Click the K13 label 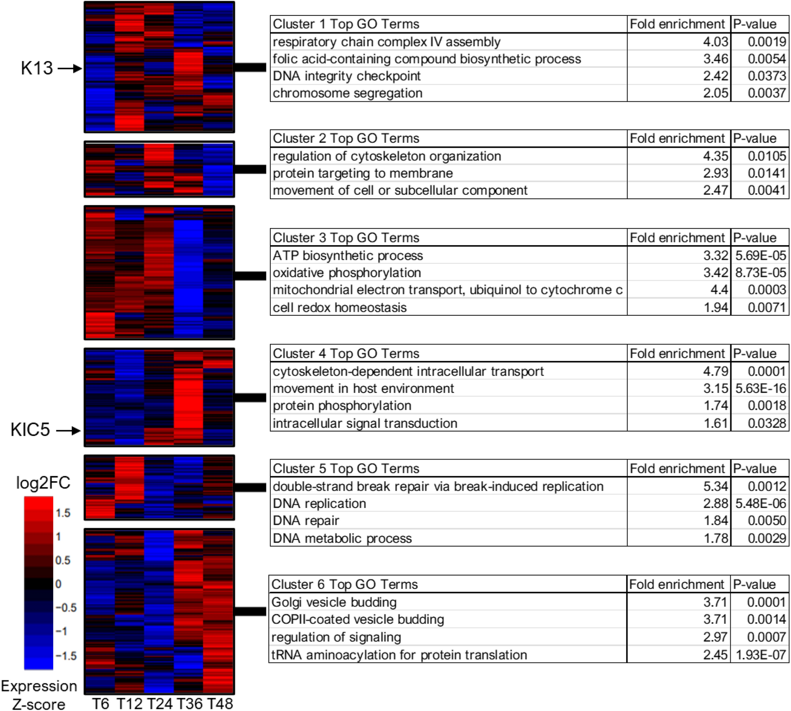coord(37,68)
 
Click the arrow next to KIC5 coord(68,430)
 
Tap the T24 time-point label coord(159,703)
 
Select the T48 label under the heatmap coord(220,703)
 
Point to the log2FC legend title coord(43,482)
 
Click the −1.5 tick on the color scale coord(66,655)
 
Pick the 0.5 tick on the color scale coord(63,560)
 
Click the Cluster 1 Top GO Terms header coord(346,24)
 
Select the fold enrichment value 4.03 coord(715,41)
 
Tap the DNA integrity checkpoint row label coord(346,76)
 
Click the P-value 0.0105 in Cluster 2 coord(767,156)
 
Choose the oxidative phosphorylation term coord(346,272)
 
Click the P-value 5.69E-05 coord(760,255)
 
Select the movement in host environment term coord(363,388)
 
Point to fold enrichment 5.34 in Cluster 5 coord(715,486)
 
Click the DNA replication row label coord(319,503)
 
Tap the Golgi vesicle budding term coord(334,602)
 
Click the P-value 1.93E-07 coord(760,654)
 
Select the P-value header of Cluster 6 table coord(754,584)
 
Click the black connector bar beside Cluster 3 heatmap coord(250,275)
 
